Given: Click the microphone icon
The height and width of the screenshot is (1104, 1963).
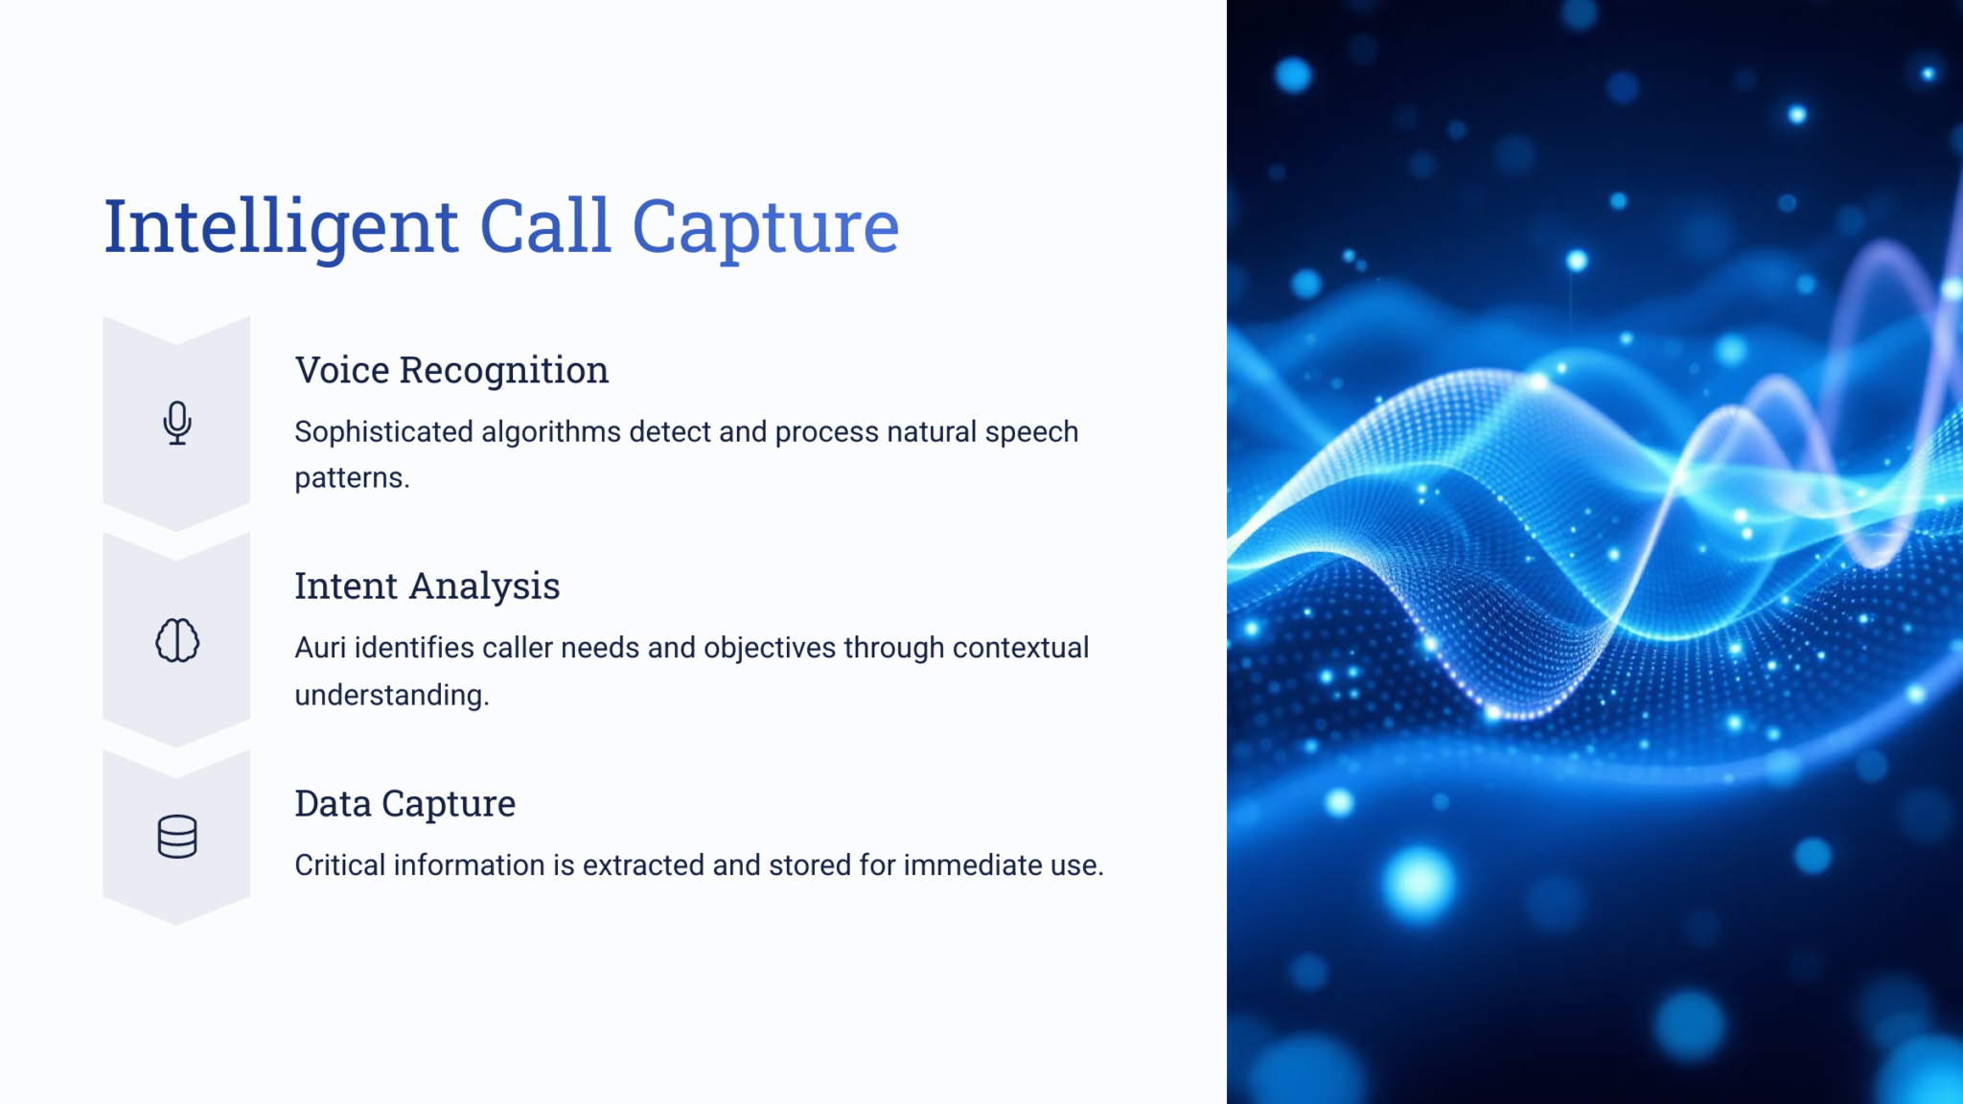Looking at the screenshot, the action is coord(177,423).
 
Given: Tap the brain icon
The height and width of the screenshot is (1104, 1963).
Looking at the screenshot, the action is coord(177,640).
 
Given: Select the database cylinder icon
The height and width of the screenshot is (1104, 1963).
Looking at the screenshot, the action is coord(177,837).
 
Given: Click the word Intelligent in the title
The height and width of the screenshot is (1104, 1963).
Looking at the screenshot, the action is coord(281,228).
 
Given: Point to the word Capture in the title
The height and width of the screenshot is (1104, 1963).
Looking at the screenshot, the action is coord(765,228).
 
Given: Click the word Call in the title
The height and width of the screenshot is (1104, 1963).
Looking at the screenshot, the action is coord(544,226).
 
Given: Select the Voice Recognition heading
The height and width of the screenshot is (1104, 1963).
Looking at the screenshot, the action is coord(451,370).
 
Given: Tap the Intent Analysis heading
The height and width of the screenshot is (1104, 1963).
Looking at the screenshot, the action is coord(427,586).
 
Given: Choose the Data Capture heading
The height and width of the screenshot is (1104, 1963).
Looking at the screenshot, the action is coord(404,804).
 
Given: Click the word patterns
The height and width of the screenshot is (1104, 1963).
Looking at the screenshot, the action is coord(352,478).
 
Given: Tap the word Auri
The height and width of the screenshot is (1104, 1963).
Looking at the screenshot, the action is coord(320,648).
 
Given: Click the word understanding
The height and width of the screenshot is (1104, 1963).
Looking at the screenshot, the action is coord(391,695).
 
